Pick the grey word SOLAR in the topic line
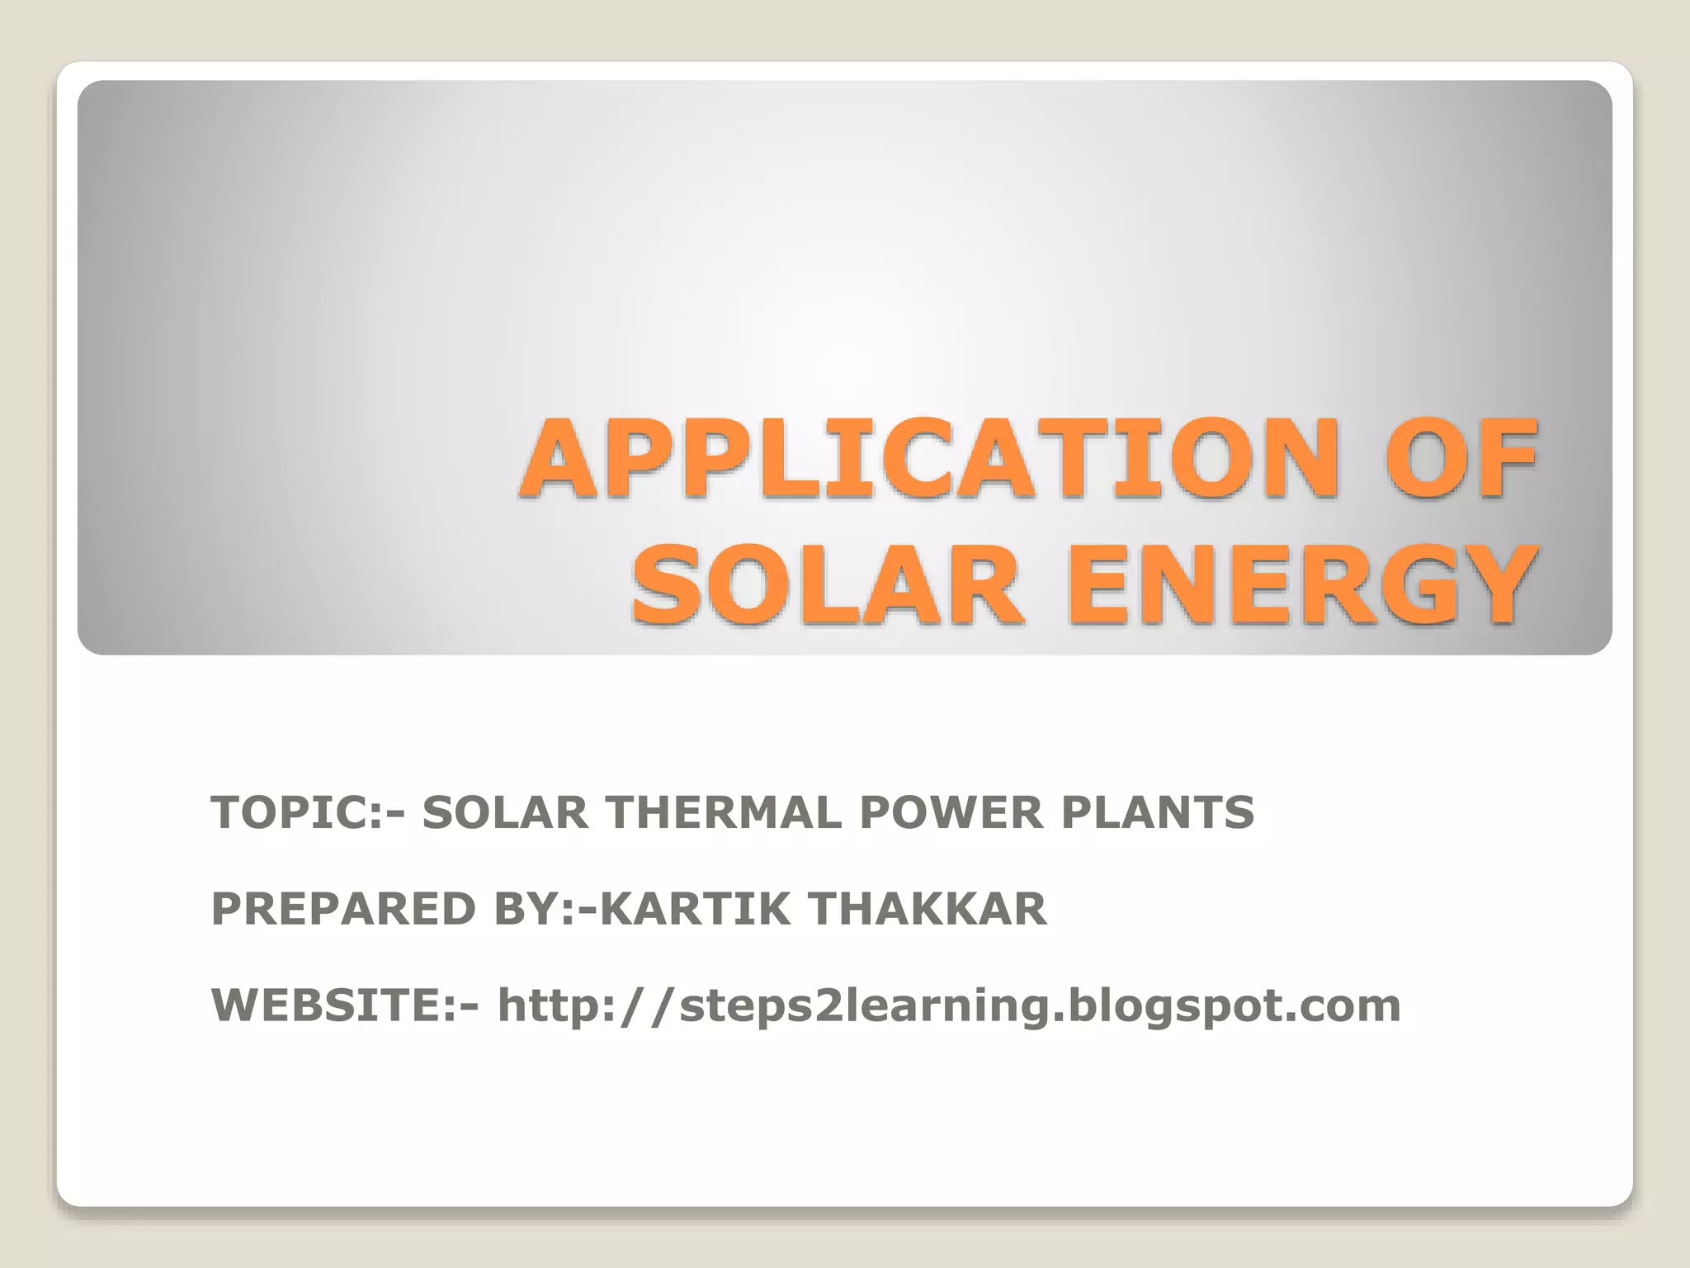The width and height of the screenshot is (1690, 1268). (505, 812)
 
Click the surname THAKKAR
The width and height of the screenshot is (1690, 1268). (928, 909)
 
